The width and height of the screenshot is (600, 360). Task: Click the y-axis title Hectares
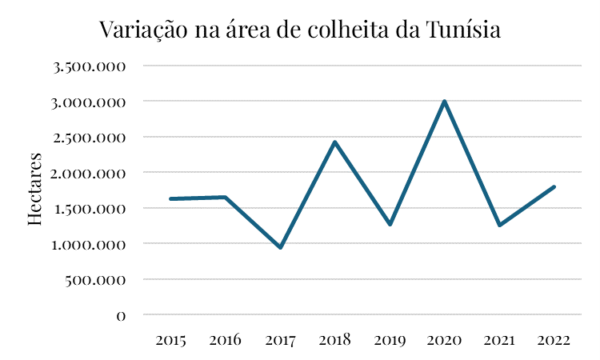point(35,188)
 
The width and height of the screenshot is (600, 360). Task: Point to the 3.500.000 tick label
point(90,66)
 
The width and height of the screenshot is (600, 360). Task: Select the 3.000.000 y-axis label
point(90,102)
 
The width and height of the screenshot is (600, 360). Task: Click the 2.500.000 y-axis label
point(90,138)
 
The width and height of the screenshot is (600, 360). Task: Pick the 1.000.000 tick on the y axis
point(90,244)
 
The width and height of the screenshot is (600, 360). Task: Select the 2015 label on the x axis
point(171,341)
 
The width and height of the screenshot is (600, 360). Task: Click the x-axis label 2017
point(280,341)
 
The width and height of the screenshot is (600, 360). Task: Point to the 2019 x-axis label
point(390,341)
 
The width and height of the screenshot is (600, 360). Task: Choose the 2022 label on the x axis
point(554,341)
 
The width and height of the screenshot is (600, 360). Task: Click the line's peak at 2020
point(444,102)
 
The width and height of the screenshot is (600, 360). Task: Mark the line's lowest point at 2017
point(281,247)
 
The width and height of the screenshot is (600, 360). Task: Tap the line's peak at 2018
point(335,142)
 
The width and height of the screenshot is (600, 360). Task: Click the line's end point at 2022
point(554,187)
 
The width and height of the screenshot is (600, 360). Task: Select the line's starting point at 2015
point(171,198)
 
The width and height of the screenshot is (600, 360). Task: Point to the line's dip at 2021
point(499,225)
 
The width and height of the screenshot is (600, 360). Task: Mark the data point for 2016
point(226,198)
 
